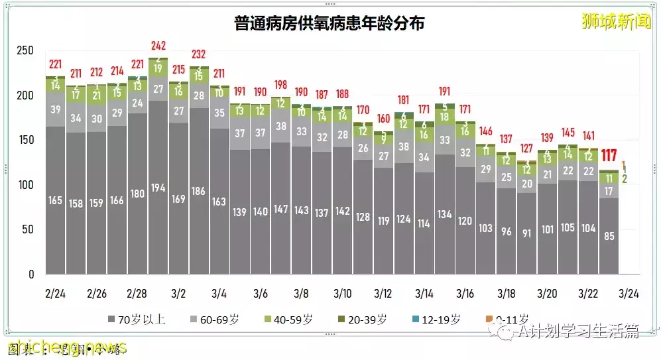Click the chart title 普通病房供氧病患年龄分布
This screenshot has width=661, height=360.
329,23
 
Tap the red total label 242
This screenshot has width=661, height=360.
158,46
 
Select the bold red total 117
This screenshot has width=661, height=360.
609,156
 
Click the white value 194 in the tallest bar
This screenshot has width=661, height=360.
158,188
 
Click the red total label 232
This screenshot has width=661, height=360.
198,54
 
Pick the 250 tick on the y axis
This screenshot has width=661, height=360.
25,50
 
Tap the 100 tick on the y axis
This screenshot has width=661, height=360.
25,185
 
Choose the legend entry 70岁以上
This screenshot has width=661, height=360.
136,320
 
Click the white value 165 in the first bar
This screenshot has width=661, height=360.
56,200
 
